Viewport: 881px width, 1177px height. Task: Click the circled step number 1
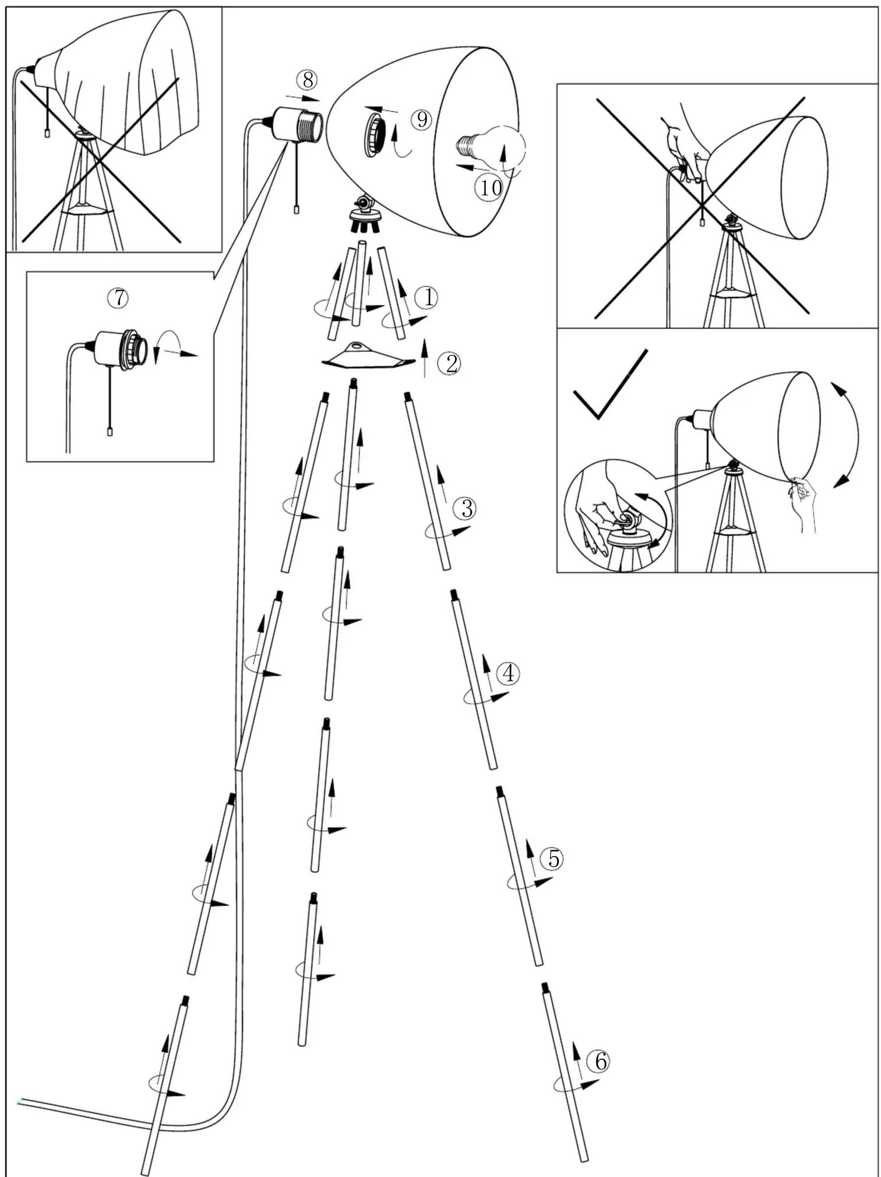(x=428, y=298)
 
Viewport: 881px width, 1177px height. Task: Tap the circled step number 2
(x=452, y=364)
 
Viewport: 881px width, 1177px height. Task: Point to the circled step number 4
(x=509, y=674)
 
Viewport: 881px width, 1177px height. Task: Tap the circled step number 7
(x=118, y=298)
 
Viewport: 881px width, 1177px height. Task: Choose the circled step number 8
(x=307, y=79)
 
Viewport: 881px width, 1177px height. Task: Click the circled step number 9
(x=422, y=119)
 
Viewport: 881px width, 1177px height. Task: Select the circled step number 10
(x=490, y=188)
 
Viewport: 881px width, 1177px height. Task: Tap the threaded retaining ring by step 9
(x=375, y=135)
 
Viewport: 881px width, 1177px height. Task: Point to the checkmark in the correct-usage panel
(x=610, y=385)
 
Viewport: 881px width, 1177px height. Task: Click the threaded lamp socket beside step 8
(x=297, y=124)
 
